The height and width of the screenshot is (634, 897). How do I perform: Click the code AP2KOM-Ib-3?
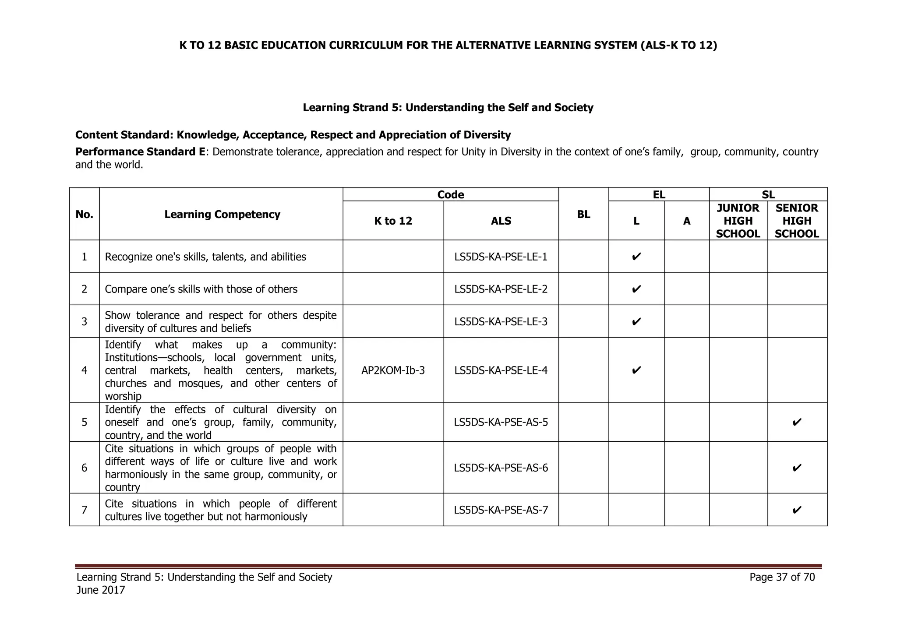tap(393, 370)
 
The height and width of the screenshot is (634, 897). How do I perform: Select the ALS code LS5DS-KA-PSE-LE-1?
tap(501, 257)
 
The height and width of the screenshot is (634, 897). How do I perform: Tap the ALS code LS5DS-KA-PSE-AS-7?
tap(501, 510)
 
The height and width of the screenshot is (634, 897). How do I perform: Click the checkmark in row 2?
tap(636, 289)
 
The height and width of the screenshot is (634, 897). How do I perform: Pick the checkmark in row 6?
tap(797, 468)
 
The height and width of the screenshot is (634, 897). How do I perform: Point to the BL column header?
tap(583, 214)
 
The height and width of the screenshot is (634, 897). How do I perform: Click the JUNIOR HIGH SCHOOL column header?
tap(738, 221)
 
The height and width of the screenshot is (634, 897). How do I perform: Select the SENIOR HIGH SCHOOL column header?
tap(797, 221)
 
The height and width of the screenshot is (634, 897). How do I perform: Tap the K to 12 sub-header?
tap(393, 221)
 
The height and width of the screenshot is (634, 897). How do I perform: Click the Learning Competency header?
tap(222, 214)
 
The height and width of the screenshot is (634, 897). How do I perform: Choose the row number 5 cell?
tap(85, 422)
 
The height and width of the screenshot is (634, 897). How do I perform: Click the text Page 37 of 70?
tap(782, 577)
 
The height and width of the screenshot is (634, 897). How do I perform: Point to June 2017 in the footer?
tap(101, 590)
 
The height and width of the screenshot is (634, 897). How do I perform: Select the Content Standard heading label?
tap(125, 135)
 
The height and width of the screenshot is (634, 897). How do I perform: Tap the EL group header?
tap(659, 195)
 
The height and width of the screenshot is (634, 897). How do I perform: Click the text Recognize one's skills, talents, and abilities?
tap(205, 257)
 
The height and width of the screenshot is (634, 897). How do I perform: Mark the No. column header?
tap(85, 214)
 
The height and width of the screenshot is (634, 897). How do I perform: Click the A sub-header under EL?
tap(686, 221)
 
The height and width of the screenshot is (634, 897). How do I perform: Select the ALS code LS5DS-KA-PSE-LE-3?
tap(501, 321)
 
